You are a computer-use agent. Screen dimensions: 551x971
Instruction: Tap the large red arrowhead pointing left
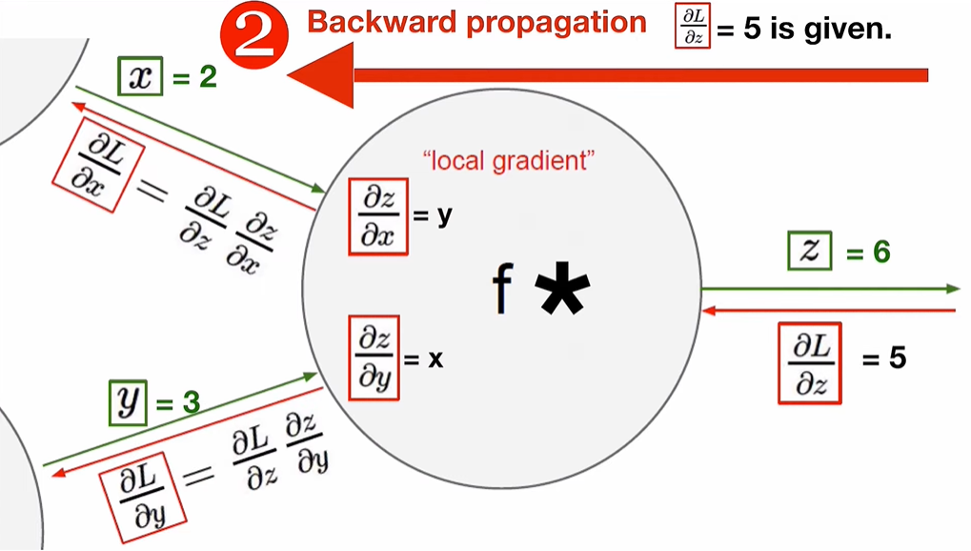pyautogui.click(x=320, y=73)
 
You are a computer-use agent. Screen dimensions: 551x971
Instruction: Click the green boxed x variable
pyautogui.click(x=139, y=77)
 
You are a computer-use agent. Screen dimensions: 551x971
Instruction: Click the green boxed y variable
pyautogui.click(x=126, y=401)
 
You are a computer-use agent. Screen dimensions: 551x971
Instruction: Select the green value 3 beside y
pyautogui.click(x=191, y=403)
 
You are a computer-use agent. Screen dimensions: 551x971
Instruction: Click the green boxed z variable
pyautogui.click(x=808, y=253)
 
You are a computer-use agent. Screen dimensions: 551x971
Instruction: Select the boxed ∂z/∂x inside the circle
pyautogui.click(x=378, y=217)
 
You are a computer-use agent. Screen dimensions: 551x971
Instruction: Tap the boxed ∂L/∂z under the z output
pyautogui.click(x=810, y=363)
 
